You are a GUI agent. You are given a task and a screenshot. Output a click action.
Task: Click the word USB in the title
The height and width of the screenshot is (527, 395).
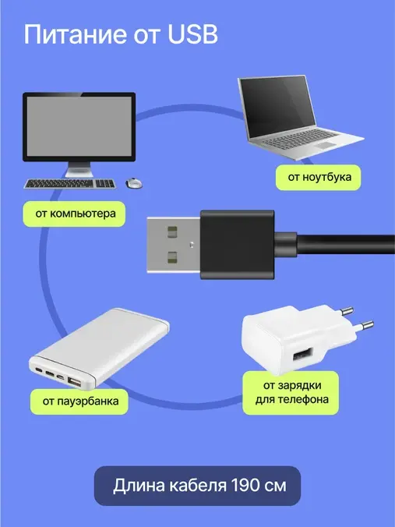(192, 34)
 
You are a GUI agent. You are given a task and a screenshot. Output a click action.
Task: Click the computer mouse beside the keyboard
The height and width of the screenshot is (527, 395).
(133, 183)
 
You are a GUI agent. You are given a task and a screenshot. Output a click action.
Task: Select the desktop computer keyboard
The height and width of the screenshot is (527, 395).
(70, 183)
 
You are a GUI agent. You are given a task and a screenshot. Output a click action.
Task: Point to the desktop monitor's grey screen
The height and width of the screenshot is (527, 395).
(79, 126)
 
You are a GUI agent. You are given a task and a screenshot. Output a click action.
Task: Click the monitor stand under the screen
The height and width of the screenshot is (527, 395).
(79, 169)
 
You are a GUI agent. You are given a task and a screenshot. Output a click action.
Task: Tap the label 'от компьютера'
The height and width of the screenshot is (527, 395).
(74, 214)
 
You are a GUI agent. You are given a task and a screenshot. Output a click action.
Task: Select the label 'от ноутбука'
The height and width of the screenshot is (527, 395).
(319, 177)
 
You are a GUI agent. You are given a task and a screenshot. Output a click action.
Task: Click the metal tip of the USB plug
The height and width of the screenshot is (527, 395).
(174, 245)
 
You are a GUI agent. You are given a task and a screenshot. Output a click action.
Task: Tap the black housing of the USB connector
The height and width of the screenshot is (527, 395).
(238, 245)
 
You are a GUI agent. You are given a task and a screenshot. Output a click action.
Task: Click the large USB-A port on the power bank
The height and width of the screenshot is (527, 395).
(74, 382)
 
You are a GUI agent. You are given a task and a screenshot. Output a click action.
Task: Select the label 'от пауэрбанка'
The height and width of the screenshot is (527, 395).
(79, 401)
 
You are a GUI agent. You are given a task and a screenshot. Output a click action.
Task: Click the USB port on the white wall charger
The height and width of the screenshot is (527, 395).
(302, 355)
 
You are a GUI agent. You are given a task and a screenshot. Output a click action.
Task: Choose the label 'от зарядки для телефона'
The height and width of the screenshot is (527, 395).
(291, 393)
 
